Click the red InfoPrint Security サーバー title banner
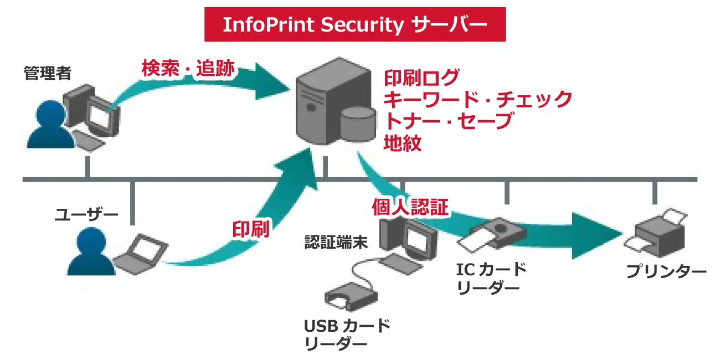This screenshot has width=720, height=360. coord(354,24)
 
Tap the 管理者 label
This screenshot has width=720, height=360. coord(47,73)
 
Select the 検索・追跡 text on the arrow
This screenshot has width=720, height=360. coord(188,69)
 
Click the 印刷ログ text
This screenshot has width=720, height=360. coord(421,78)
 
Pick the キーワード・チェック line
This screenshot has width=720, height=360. coord(477,100)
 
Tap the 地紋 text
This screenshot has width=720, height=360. coord(403,143)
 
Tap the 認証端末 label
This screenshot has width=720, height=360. coord(336,243)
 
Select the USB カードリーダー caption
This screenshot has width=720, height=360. coord(347,334)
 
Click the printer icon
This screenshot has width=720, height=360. coord(659,233)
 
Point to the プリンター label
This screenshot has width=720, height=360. coord(666,272)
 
